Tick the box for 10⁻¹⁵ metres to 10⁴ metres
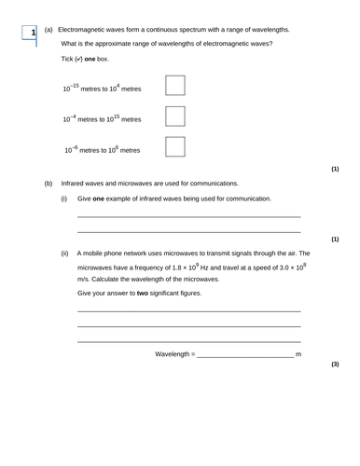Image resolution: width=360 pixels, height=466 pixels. click(x=174, y=86)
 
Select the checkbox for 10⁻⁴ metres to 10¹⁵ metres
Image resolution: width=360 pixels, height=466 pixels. click(x=174, y=116)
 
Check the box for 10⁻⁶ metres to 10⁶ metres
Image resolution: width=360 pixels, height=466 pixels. click(x=174, y=147)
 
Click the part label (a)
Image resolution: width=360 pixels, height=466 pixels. click(x=48, y=30)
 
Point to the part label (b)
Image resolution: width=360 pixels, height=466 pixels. click(x=48, y=184)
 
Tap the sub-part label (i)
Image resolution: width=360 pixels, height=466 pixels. click(x=64, y=199)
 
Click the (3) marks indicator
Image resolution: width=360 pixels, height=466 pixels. click(x=335, y=363)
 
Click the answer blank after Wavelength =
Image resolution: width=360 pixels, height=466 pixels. click(x=244, y=355)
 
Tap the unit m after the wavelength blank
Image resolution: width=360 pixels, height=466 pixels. click(x=298, y=355)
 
